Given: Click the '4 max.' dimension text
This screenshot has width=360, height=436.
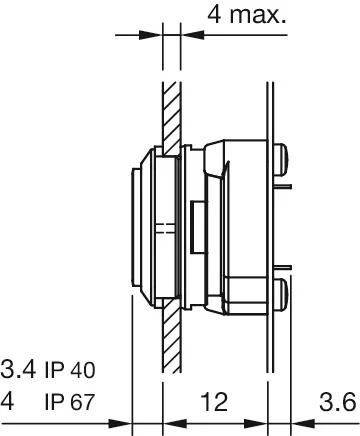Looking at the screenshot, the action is tap(247, 15).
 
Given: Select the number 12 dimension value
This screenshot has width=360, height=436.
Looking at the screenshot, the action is tap(215, 401).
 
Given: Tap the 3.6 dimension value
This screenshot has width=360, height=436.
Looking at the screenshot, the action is tap(338, 402).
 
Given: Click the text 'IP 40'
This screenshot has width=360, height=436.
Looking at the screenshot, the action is tap(70, 370).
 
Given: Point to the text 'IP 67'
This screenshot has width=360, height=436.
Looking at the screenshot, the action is tap(70, 402).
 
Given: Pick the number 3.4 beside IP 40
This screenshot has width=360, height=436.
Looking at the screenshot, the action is tap(18, 369).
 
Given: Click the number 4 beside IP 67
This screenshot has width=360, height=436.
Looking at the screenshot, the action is tap(7, 401).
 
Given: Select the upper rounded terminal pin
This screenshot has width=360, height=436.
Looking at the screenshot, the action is tap(281, 160).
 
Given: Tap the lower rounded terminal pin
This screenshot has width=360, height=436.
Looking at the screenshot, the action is tap(281, 294).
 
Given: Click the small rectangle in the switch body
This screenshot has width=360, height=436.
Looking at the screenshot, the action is tap(198, 227).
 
